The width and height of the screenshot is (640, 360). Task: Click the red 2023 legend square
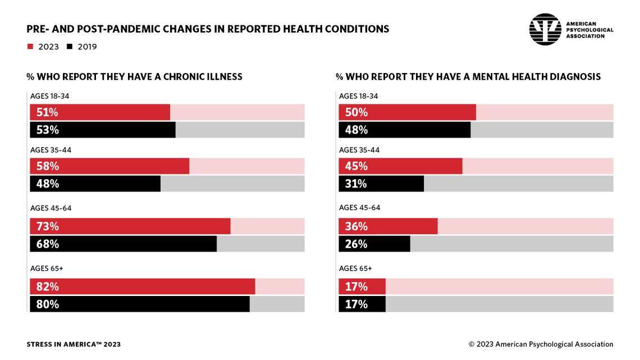click(30, 47)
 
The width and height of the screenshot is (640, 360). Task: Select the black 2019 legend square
click(70, 47)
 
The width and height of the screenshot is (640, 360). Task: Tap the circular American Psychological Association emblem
click(545, 29)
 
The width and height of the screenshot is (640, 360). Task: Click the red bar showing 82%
click(143, 286)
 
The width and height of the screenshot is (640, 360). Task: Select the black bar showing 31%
click(381, 184)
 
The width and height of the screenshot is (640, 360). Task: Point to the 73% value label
click(48, 226)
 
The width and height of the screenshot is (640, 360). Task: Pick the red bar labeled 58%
click(109, 166)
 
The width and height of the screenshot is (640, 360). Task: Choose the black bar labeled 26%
click(374, 244)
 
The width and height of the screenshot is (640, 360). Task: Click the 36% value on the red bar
click(356, 226)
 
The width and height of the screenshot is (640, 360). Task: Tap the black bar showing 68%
click(124, 244)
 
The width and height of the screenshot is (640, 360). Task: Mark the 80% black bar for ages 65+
click(140, 304)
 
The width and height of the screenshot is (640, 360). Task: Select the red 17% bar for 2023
click(362, 286)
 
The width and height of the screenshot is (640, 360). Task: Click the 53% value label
click(48, 130)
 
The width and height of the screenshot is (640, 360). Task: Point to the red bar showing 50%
click(407, 112)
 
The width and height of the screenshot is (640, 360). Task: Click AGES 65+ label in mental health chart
click(355, 268)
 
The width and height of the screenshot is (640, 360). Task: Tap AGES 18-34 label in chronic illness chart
click(50, 96)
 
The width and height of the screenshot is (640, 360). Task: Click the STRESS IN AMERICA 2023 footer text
click(74, 344)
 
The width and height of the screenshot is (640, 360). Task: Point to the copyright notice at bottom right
click(541, 344)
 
